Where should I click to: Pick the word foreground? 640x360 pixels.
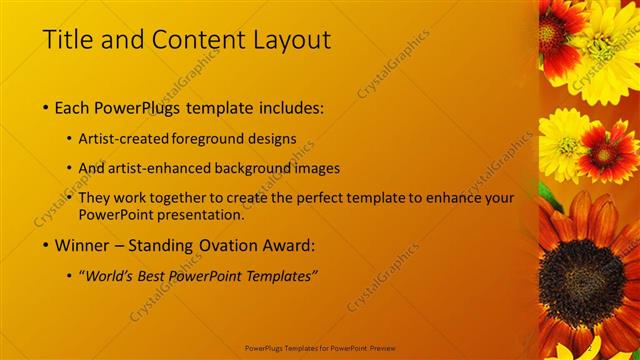(210, 139)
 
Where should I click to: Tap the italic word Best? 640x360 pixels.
(158, 276)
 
